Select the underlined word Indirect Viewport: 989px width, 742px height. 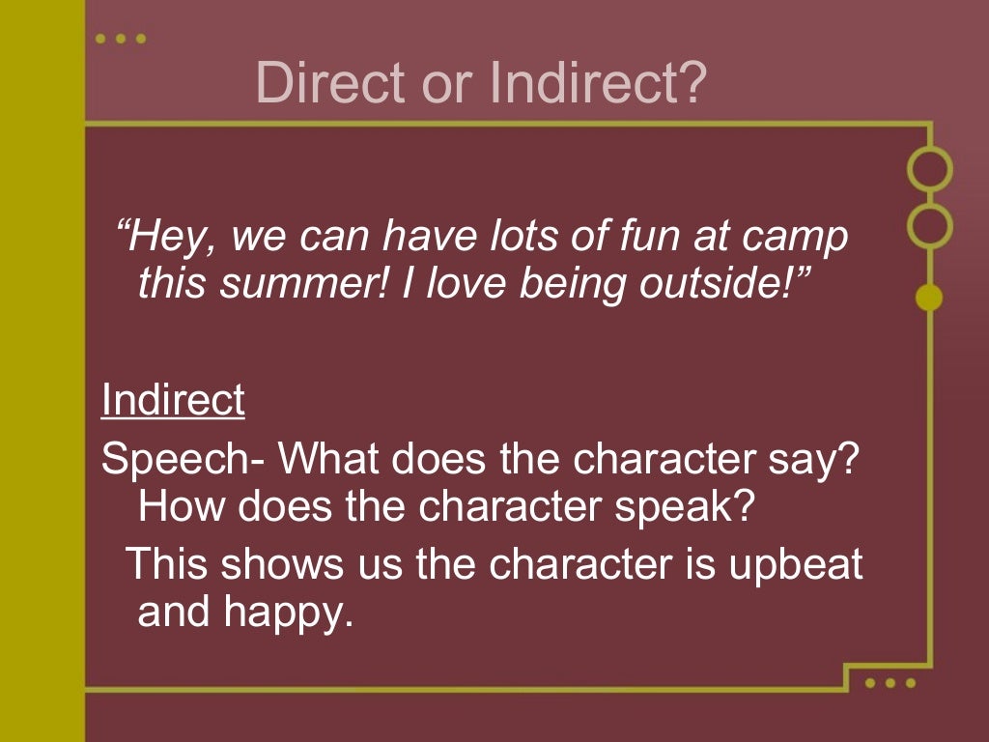(173, 400)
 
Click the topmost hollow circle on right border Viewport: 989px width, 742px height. (929, 168)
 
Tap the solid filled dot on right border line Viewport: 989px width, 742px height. (929, 298)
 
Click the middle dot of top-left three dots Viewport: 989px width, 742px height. (121, 39)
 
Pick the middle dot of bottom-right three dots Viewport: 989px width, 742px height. (890, 683)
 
